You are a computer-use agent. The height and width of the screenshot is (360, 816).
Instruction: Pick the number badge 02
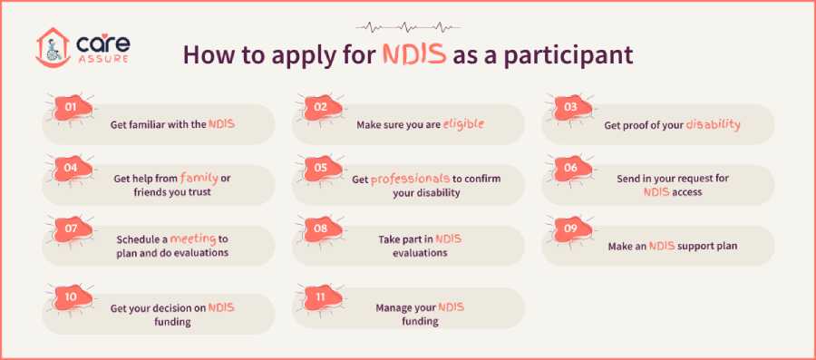pyautogui.click(x=319, y=107)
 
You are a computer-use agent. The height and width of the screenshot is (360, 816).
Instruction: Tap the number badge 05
pyautogui.click(x=319, y=168)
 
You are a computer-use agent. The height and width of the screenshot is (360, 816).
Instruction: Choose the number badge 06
pyautogui.click(x=569, y=168)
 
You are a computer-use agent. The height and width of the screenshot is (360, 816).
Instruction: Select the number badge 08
pyautogui.click(x=319, y=229)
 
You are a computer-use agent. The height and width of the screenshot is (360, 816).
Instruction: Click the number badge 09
pyautogui.click(x=569, y=229)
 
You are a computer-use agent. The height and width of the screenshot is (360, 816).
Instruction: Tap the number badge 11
pyautogui.click(x=319, y=297)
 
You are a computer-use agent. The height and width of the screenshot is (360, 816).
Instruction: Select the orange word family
pyautogui.click(x=199, y=178)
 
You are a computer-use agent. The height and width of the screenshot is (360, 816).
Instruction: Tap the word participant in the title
pyautogui.click(x=563, y=54)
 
